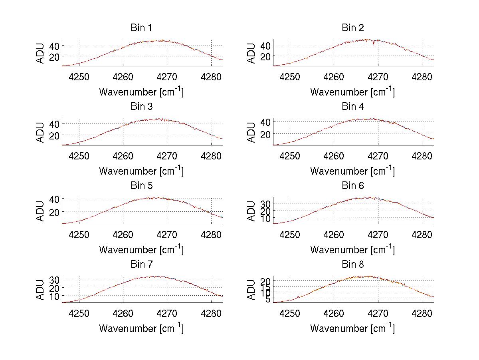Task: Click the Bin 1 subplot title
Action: [x=141, y=28]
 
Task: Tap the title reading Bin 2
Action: [x=352, y=28]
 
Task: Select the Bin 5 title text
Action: [x=141, y=186]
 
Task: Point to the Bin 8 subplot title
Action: [x=352, y=265]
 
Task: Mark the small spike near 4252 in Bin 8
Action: [x=298, y=296]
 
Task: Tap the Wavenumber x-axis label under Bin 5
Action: [x=141, y=249]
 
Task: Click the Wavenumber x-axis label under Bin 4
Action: [x=352, y=171]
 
